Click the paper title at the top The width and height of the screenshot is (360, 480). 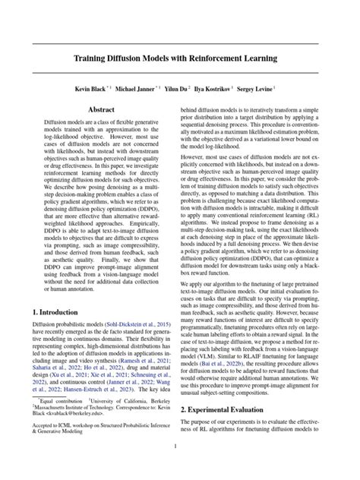(180, 58)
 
